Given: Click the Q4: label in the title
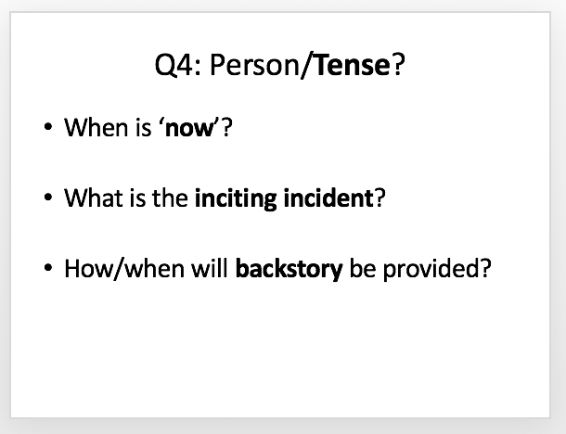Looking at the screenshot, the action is [x=178, y=65].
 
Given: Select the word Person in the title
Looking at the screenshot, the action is [x=254, y=65].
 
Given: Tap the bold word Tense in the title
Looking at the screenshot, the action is [x=352, y=65].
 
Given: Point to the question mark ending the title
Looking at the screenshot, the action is [x=398, y=65].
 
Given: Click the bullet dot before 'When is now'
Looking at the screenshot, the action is [x=48, y=127].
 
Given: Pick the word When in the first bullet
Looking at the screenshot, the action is [x=96, y=127].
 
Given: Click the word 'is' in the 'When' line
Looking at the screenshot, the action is [x=144, y=127].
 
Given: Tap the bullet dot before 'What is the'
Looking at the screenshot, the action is [x=48, y=198].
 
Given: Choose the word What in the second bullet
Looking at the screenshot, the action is [x=94, y=198].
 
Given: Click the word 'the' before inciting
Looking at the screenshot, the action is [x=170, y=198].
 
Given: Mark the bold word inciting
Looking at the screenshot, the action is [x=236, y=198].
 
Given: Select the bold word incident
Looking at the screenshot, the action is [x=328, y=198].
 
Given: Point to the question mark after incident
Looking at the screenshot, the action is [x=379, y=198].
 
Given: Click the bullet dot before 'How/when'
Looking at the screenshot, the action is [x=48, y=268].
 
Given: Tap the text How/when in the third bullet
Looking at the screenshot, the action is [x=124, y=268].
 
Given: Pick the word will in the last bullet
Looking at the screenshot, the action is [x=210, y=268].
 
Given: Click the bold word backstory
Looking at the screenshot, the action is [x=289, y=269].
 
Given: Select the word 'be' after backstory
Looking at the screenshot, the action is [x=363, y=268].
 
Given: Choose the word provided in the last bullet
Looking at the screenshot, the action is [x=431, y=269].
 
